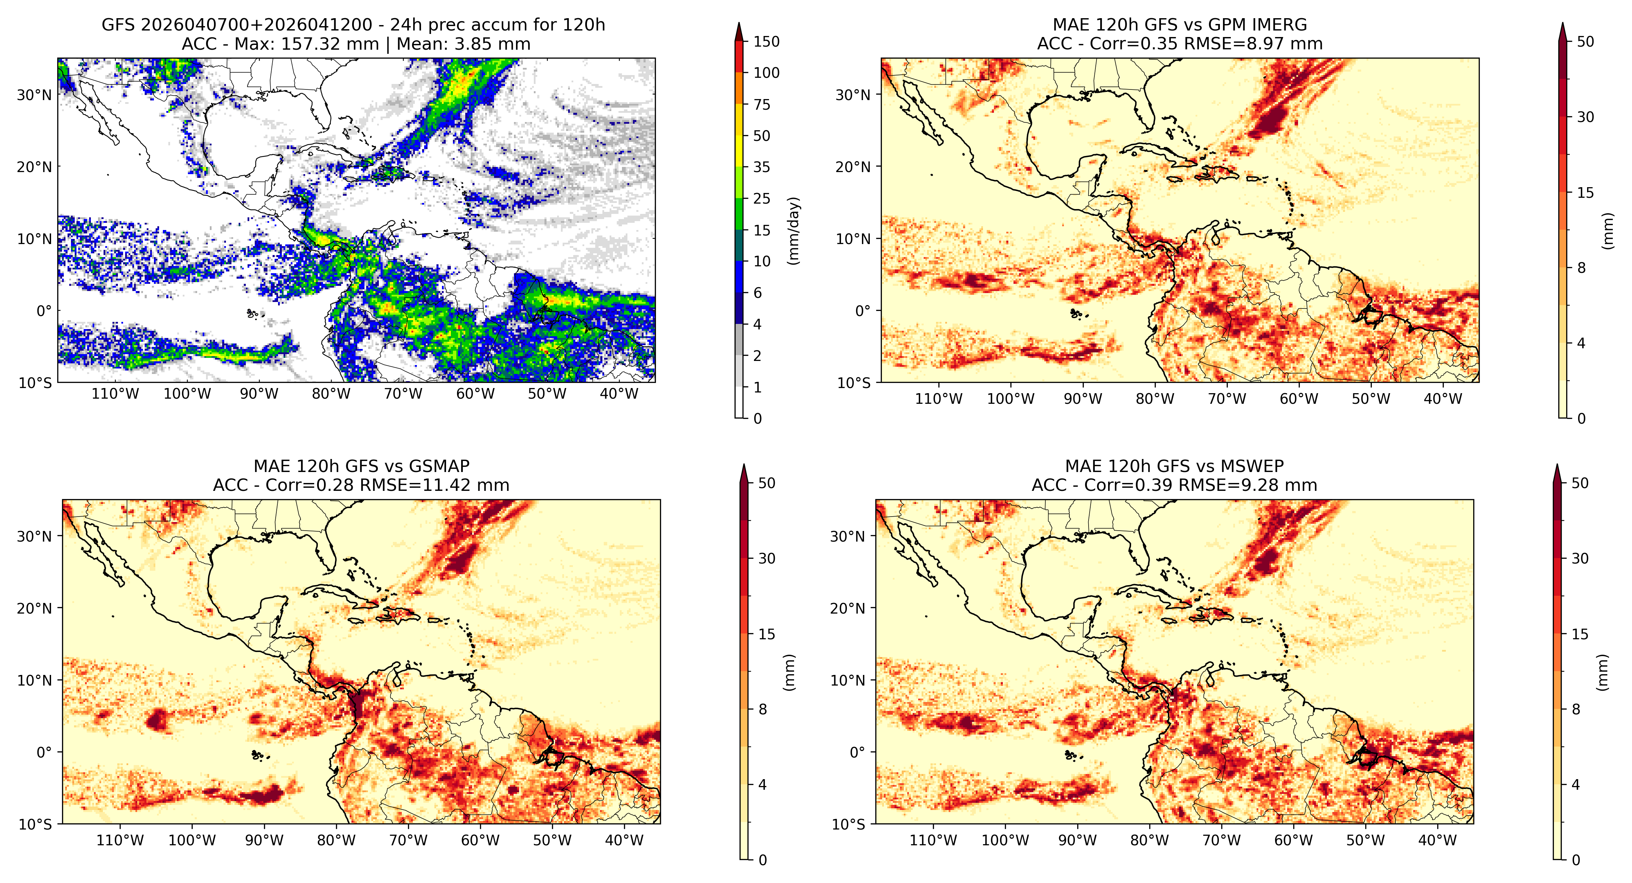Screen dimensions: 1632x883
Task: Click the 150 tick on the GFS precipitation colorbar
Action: [x=766, y=42]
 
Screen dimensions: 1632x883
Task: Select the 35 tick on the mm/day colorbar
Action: [x=761, y=167]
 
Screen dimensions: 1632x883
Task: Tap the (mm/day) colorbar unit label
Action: [x=793, y=231]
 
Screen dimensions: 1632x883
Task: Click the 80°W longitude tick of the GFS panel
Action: [x=331, y=394]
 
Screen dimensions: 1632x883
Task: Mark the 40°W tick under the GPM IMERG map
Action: [x=1443, y=398]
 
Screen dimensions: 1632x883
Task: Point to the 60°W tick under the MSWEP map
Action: [x=1293, y=840]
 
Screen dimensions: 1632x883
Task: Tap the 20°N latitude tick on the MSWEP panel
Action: [x=847, y=608]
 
